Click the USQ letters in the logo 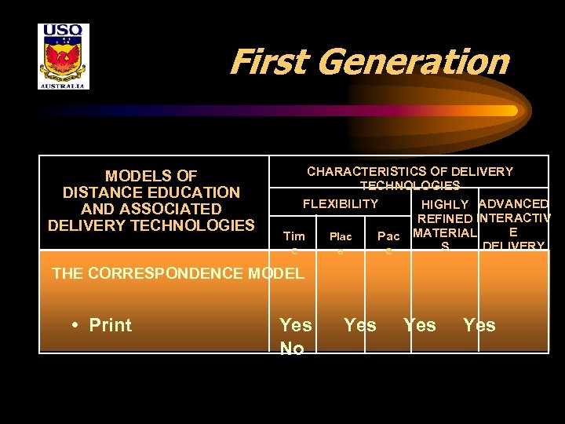tap(64, 32)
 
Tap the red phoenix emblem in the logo tap(64, 58)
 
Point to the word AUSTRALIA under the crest tap(64, 85)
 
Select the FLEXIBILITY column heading tap(341, 204)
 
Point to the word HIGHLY tap(445, 205)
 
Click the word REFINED tap(445, 219)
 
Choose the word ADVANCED tap(513, 204)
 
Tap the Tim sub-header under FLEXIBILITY tap(293, 236)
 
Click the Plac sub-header tap(341, 236)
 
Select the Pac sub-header tap(388, 236)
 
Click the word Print tap(111, 325)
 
